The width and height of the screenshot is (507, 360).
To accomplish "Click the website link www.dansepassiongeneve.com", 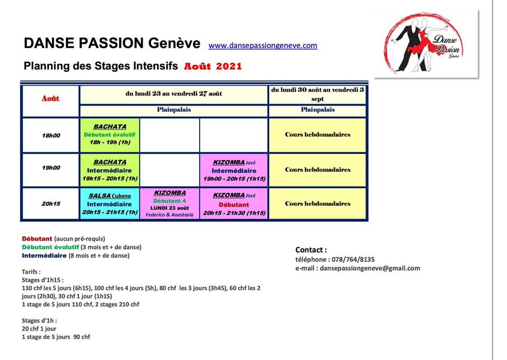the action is [x=263, y=45].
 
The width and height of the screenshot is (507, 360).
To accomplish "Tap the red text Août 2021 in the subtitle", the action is [x=213, y=67].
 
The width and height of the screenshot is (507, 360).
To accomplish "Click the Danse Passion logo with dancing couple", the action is [x=426, y=43].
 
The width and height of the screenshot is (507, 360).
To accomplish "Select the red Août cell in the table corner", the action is [x=51, y=99].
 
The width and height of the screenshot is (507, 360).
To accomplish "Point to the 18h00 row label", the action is [x=51, y=136].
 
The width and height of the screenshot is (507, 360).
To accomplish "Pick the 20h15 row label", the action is [x=51, y=204].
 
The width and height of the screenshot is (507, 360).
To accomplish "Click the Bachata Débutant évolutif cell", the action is [x=110, y=135].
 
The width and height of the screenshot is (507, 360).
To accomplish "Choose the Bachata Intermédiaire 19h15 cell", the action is [x=110, y=170].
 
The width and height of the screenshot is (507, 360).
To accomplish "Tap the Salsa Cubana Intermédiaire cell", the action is [x=110, y=204].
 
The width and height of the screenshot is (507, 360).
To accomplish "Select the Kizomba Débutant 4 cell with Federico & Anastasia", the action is [x=170, y=204].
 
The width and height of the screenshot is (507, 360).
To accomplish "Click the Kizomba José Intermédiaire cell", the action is [x=234, y=170].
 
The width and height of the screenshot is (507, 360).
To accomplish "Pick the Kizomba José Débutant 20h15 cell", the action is [x=234, y=204].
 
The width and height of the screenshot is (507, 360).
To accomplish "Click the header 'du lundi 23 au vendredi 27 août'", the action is [x=174, y=94].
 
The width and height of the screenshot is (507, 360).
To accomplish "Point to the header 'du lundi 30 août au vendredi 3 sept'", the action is [x=317, y=94].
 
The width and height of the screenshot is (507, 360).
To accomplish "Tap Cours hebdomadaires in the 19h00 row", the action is [x=317, y=169].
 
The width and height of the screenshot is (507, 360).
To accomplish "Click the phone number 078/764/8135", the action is [x=353, y=260].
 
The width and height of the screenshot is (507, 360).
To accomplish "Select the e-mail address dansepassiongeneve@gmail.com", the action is [x=370, y=268].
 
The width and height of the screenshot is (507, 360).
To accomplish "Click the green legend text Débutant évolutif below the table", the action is [x=51, y=247].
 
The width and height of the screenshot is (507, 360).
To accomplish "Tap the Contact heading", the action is [x=311, y=250].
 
